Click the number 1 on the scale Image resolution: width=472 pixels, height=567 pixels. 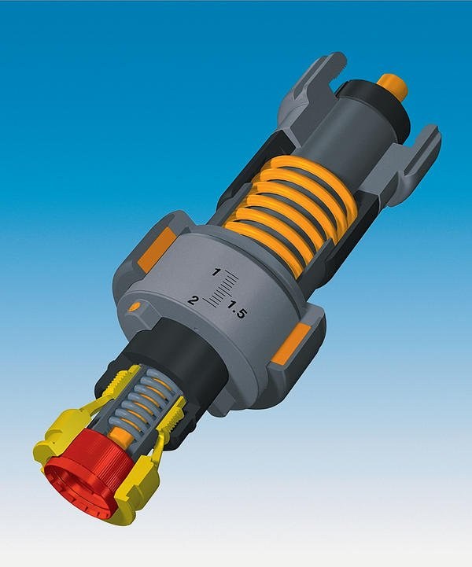tap(216, 272)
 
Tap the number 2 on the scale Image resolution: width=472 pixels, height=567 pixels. tap(194, 300)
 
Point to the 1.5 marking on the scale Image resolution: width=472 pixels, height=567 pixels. tap(237, 311)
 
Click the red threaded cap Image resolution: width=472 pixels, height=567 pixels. tap(90, 466)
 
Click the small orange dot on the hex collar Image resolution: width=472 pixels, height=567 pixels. tap(134, 307)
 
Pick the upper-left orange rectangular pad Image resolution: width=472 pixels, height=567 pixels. tap(157, 249)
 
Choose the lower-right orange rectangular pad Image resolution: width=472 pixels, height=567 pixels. tap(291, 344)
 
